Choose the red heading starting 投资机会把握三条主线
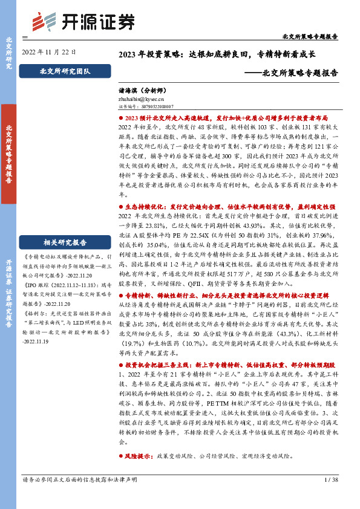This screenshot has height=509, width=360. click(x=231, y=366)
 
